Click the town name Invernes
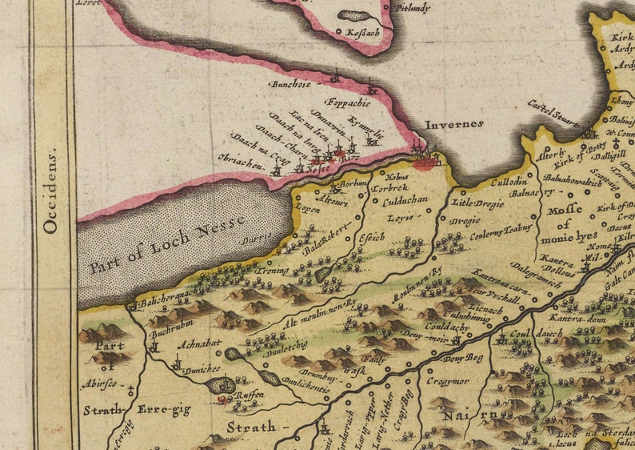pos(454,124)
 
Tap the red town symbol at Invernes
pos(426,163)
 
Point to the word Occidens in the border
pos(51,189)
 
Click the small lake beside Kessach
pos(352,15)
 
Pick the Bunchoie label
pos(290,82)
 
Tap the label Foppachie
pos(348,102)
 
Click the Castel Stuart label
pos(553,113)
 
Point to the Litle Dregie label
pos(480,203)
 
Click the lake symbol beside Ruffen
pos(218,385)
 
